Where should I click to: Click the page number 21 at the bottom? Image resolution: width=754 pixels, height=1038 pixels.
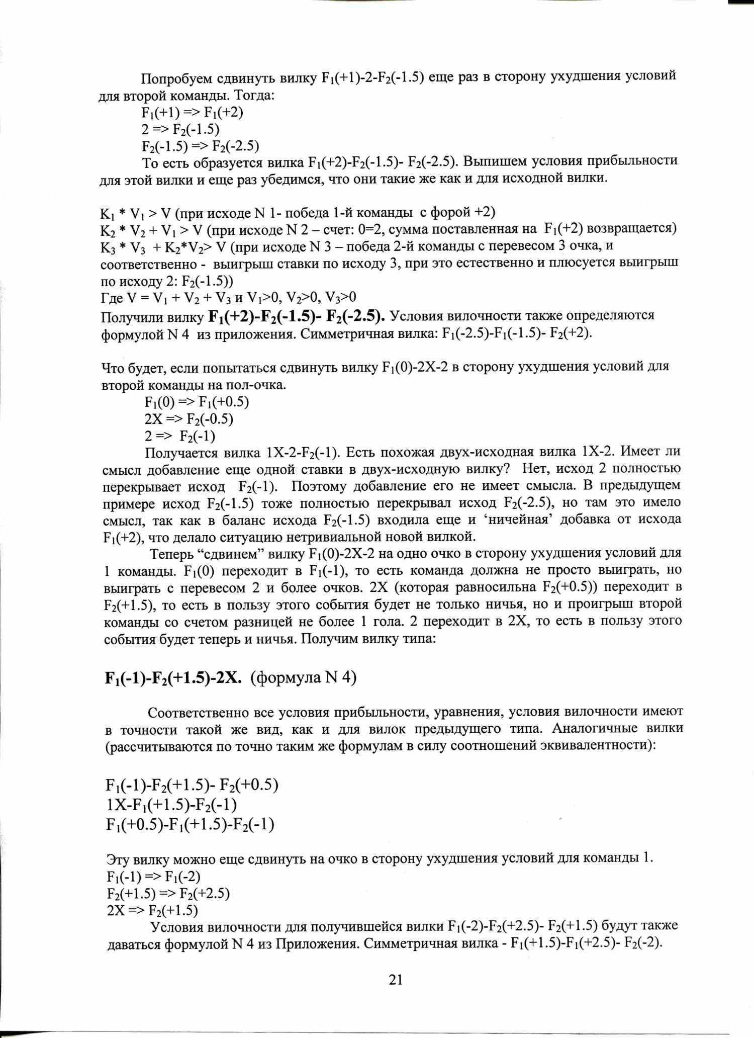click(396, 979)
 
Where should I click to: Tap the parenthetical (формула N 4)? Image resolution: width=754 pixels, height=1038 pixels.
click(304, 678)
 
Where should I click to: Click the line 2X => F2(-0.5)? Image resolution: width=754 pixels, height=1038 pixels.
click(189, 419)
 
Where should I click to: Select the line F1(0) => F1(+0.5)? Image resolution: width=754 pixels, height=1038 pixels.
click(197, 402)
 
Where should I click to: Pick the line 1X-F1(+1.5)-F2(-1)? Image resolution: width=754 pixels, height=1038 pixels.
click(171, 805)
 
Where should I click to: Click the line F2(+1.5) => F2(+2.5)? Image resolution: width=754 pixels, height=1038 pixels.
click(168, 893)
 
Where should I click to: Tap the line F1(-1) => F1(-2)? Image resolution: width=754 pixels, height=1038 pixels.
click(154, 877)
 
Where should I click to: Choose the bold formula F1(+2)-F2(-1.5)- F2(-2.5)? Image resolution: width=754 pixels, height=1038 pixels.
click(297, 316)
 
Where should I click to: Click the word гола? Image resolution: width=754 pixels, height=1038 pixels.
click(387, 622)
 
